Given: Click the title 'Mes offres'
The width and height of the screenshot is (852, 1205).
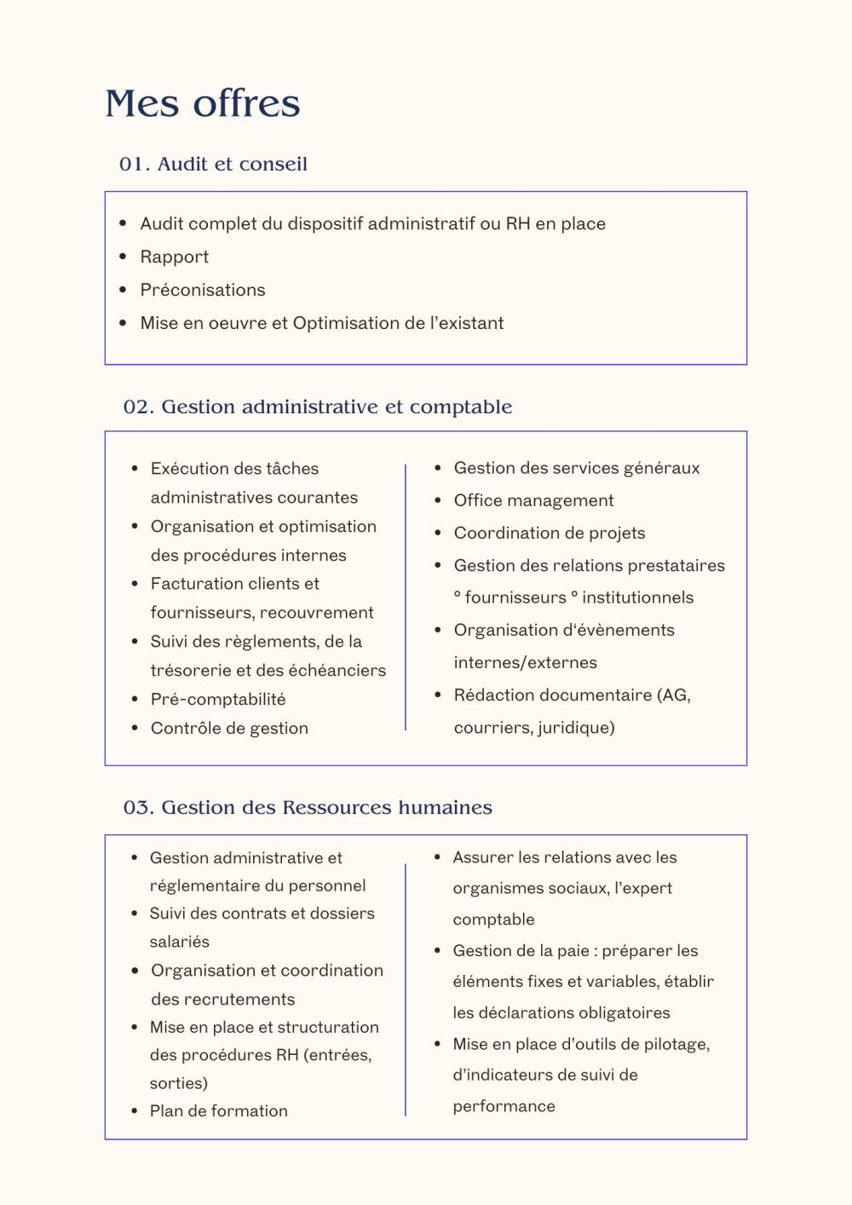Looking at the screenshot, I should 203,103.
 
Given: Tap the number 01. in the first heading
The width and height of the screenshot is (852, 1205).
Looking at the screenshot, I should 135,164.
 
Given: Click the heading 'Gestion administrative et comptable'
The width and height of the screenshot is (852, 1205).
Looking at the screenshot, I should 337,406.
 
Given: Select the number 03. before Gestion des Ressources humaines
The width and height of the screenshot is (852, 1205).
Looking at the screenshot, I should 138,807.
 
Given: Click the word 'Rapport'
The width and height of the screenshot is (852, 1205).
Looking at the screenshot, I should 175,257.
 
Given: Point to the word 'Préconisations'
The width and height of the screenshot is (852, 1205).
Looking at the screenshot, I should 203,290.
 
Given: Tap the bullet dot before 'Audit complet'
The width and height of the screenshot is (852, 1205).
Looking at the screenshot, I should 123,224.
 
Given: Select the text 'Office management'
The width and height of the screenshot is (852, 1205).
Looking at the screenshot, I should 533,500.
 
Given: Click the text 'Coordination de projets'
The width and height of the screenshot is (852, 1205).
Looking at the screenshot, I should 550,533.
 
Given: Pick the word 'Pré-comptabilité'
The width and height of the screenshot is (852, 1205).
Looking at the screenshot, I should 218,699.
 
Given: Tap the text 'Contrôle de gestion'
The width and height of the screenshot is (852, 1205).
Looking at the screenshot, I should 229,728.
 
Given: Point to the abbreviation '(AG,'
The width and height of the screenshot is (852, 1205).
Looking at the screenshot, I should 674,695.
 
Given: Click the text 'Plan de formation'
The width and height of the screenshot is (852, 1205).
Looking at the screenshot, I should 219,1110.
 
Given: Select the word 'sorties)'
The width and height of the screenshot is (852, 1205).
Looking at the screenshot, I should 179,1083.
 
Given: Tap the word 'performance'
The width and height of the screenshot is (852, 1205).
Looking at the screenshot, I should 504,1106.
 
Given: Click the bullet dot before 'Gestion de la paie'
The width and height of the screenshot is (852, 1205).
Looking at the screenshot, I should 437,951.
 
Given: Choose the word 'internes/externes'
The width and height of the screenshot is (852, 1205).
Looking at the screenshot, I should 525,662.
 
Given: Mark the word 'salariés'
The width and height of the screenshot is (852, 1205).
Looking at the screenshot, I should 180,942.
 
